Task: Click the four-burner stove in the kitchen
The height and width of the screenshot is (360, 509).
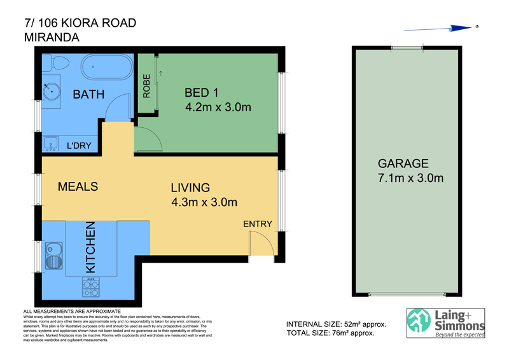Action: click(91, 287)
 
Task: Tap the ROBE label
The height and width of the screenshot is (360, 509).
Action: click(146, 87)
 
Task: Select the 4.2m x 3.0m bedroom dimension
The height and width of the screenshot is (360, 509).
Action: click(218, 107)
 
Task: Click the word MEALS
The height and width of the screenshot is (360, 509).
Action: click(78, 186)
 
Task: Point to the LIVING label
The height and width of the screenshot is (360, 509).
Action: click(190, 188)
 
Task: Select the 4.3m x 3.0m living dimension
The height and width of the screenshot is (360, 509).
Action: click(204, 203)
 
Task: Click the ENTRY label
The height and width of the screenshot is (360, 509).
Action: click(257, 224)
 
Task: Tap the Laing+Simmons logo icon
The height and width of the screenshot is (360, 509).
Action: click(420, 322)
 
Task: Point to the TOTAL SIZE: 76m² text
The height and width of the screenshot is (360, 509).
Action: click(330, 333)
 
